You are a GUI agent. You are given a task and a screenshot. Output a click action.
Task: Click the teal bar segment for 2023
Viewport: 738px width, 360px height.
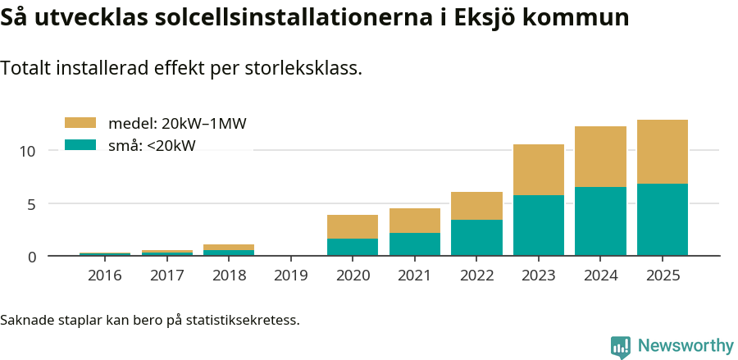tap(539, 226)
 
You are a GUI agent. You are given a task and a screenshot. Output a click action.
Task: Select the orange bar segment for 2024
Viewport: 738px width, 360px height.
tap(600, 157)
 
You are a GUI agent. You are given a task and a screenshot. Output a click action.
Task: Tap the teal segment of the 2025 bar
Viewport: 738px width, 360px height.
tap(663, 220)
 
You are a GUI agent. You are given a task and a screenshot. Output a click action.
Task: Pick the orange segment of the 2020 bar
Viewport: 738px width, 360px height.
tap(353, 227)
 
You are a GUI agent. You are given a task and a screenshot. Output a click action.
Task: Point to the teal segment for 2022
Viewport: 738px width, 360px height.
tap(476, 238)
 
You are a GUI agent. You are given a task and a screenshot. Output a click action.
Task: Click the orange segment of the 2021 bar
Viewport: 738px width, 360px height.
tap(414, 221)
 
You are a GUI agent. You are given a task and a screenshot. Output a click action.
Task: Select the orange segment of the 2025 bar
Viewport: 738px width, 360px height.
tap(663, 152)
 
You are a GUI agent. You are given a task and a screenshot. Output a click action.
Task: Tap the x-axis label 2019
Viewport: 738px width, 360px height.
tap(290, 276)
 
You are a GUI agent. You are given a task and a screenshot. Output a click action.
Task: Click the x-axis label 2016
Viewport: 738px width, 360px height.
tap(104, 276)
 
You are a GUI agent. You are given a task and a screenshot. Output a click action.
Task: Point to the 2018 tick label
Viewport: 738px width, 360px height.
tap(229, 276)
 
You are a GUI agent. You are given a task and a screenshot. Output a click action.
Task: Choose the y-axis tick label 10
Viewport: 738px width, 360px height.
tap(29, 151)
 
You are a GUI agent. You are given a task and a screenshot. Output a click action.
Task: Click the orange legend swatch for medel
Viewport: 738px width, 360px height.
tap(80, 123)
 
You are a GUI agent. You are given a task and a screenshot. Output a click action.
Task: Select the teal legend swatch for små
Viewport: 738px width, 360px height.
tap(80, 145)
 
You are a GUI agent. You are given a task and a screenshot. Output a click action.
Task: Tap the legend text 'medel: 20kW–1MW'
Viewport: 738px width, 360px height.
tap(177, 124)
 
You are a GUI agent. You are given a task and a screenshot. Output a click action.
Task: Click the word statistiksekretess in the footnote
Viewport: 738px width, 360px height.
tap(243, 320)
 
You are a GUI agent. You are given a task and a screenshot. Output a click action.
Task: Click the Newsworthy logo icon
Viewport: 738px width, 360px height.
tap(621, 346)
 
